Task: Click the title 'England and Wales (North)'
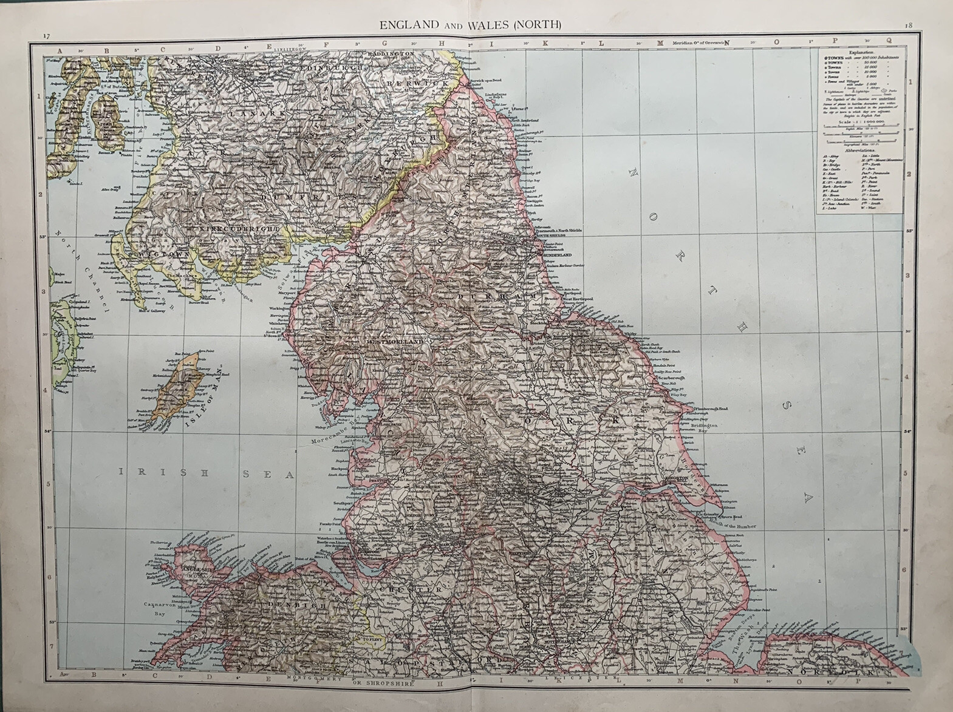click(470, 25)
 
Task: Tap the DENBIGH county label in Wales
click(296, 605)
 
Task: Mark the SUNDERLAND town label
click(555, 256)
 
